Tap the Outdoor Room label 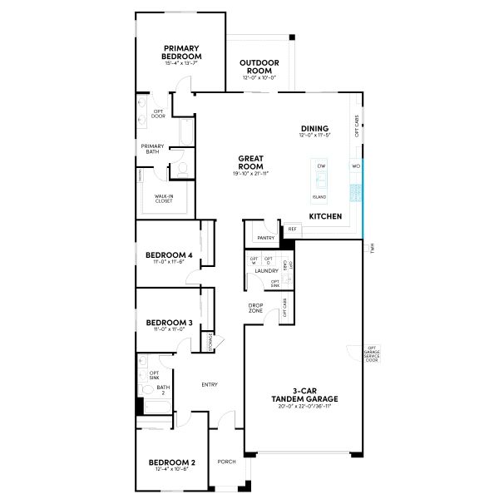259,67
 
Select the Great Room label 251,161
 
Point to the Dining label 314,129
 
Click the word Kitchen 325,216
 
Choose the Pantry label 266,238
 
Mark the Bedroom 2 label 171,462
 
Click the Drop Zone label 256,308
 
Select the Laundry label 266,271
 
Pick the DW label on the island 320,166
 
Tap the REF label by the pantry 292,229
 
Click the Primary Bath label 152,149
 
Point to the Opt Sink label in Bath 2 154,374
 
